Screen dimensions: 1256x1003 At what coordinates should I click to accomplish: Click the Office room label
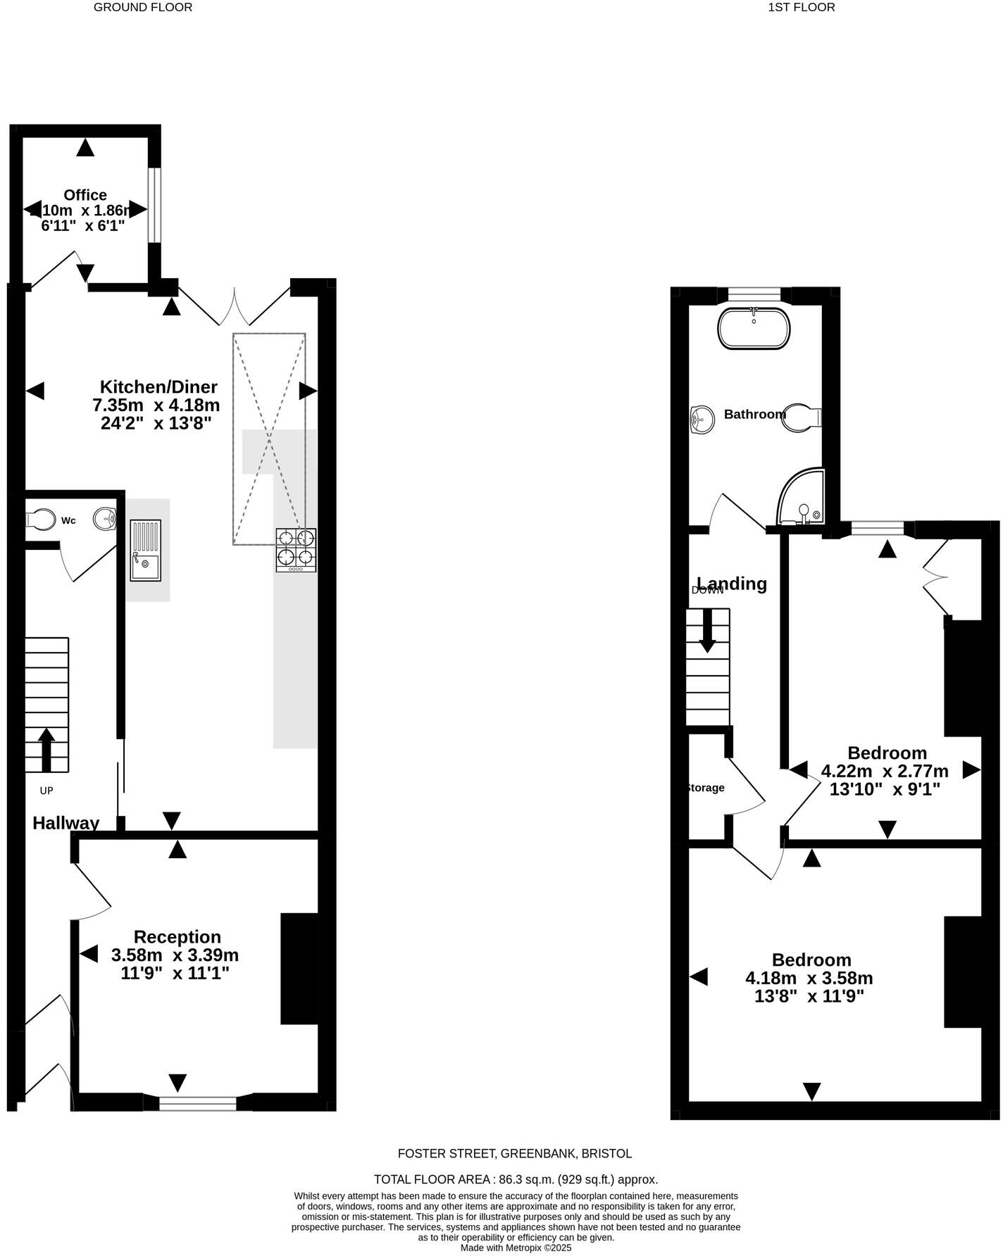click(85, 195)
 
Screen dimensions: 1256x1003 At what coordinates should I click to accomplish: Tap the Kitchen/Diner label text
click(158, 387)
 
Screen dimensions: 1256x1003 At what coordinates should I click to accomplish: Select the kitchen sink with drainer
click(145, 550)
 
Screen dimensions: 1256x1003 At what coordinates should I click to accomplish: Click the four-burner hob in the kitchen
click(296, 549)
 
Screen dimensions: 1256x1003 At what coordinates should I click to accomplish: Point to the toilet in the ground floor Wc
click(42, 520)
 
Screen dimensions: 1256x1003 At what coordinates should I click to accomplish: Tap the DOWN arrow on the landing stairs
click(707, 629)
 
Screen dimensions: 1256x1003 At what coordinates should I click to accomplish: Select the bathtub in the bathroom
click(754, 328)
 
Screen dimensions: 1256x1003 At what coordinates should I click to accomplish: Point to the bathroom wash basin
click(702, 420)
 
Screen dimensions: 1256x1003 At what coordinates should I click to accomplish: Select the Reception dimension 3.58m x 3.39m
click(175, 955)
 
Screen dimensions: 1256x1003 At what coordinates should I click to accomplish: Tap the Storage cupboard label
click(705, 788)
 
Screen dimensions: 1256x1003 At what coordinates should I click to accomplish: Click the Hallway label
click(66, 823)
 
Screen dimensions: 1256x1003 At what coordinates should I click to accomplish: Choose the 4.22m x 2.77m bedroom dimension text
click(885, 771)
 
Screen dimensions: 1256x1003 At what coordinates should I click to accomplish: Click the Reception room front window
click(198, 1103)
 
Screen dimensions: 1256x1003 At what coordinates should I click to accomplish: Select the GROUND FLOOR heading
click(143, 7)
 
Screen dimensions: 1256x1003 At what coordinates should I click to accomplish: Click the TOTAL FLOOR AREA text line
click(516, 1179)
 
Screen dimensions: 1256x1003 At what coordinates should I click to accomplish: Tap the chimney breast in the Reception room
click(299, 968)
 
